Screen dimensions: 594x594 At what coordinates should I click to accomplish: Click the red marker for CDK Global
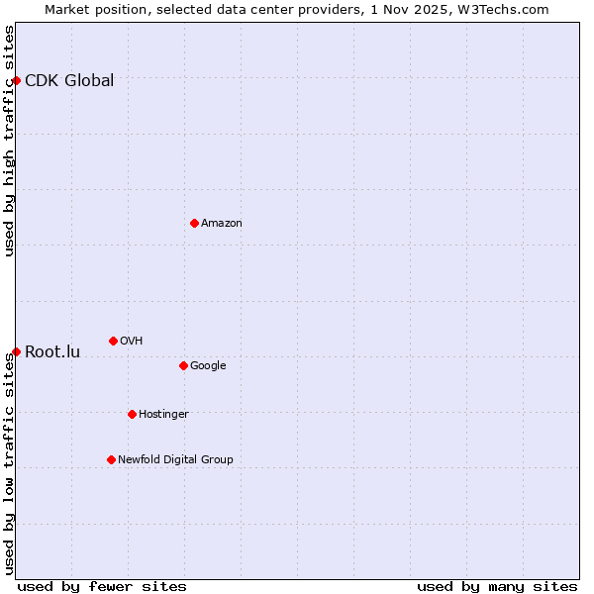tap(17, 80)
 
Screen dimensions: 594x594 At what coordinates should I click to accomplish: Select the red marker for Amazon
tap(194, 223)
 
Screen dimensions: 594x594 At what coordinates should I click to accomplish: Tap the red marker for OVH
tap(113, 341)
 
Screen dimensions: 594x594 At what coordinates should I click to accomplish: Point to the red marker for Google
tap(183, 365)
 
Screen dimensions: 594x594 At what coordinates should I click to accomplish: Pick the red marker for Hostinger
tap(132, 414)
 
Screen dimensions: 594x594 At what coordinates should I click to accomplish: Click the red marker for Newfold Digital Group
tap(111, 459)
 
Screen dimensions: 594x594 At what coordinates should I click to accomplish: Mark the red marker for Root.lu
tap(17, 351)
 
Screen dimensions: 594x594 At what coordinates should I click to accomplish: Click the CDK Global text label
tap(69, 81)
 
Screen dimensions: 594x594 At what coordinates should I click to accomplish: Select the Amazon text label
tap(222, 224)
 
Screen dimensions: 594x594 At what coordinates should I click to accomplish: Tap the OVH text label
tap(132, 342)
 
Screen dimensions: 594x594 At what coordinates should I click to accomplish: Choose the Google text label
tap(208, 366)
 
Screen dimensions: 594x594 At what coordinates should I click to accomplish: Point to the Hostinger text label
tap(163, 415)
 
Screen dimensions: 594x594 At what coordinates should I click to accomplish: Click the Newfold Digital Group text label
tap(175, 460)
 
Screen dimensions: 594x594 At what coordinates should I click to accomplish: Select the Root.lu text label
tap(52, 352)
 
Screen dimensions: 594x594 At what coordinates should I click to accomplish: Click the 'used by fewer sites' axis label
tap(102, 587)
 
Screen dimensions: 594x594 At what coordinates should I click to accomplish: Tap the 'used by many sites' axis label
tap(497, 587)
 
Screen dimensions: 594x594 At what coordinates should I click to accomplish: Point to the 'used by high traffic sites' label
tap(9, 141)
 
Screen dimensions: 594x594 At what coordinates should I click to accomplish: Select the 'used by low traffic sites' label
tap(9, 463)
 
